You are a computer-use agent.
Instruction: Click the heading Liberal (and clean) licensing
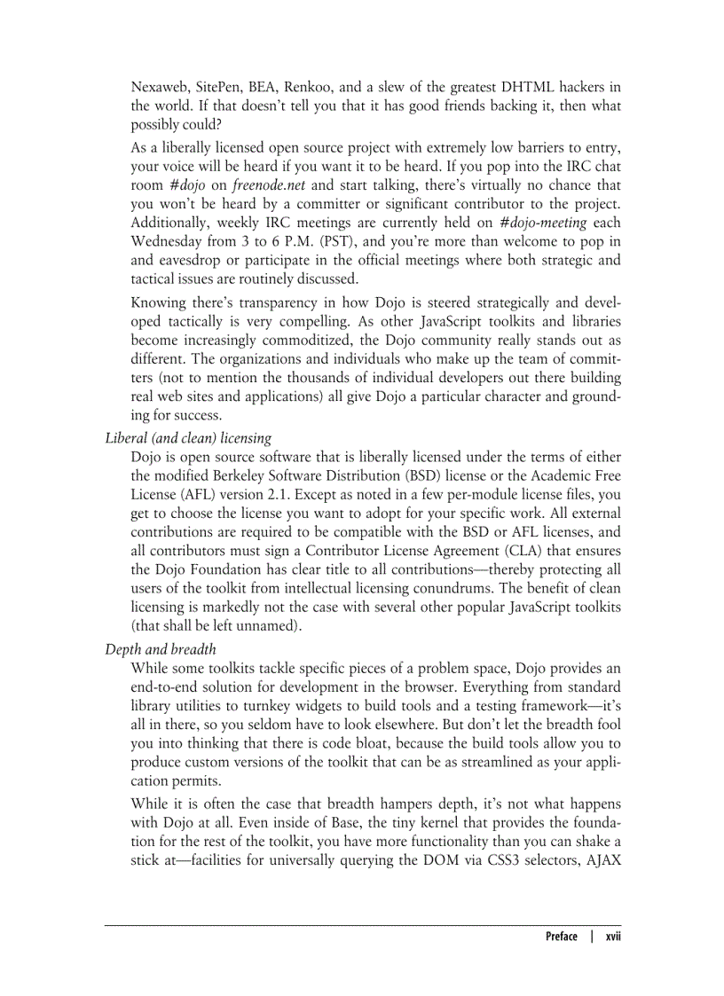[x=188, y=437]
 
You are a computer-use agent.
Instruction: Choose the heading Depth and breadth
[x=161, y=648]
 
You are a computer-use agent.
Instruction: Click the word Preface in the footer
[x=561, y=937]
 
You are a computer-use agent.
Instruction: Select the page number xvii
[x=613, y=937]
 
